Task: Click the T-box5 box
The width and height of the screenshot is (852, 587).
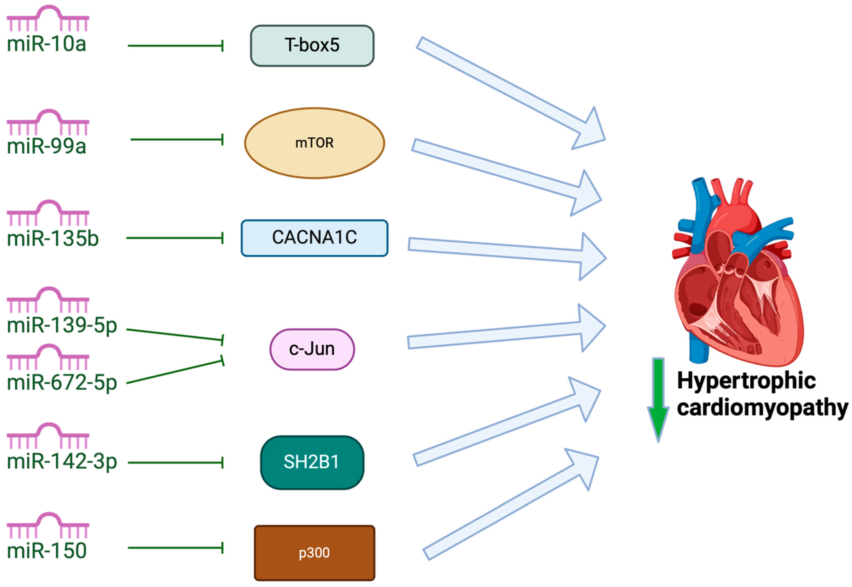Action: tap(312, 46)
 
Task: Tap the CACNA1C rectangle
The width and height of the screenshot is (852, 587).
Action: tap(314, 238)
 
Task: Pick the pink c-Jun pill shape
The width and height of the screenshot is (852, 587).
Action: tap(312, 349)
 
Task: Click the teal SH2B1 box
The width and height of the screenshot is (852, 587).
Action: tap(312, 462)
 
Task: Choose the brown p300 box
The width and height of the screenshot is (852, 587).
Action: tap(314, 552)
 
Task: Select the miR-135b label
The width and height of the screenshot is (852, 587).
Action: tap(53, 238)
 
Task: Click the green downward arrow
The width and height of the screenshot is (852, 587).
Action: tap(658, 399)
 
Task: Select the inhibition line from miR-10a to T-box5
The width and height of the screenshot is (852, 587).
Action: tap(175, 46)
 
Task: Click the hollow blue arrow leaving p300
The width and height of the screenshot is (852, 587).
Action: tap(511, 508)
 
